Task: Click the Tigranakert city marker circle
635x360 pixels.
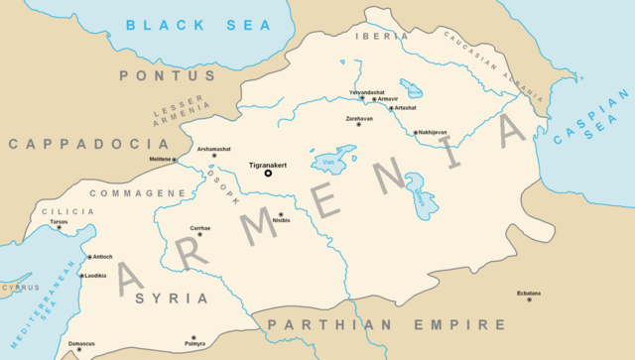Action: (x=267, y=173)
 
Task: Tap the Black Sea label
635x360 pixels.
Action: (x=189, y=24)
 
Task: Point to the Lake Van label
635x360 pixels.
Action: (x=328, y=162)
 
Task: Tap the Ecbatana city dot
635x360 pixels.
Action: (x=529, y=300)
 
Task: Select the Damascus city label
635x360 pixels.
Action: (x=81, y=344)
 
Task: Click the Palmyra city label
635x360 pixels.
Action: (x=194, y=344)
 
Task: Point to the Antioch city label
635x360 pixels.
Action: (x=103, y=257)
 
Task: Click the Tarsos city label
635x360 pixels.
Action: (x=59, y=221)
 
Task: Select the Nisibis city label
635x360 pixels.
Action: (x=284, y=221)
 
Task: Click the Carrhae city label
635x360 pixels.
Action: (x=200, y=228)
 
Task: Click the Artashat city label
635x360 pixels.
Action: (x=406, y=107)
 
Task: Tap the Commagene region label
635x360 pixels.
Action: (x=130, y=192)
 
